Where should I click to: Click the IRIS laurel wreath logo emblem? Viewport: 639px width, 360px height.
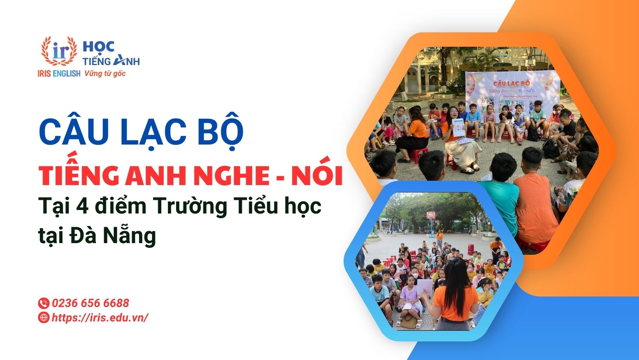click(59, 51)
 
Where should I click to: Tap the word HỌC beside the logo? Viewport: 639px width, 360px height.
click(99, 47)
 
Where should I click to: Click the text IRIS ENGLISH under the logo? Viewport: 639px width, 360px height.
click(59, 73)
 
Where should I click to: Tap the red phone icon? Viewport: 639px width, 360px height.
click(43, 303)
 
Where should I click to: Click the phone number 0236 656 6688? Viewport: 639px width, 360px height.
click(90, 303)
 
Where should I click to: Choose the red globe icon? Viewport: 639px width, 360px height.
click(43, 318)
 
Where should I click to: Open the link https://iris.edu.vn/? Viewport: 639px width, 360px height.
click(100, 318)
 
